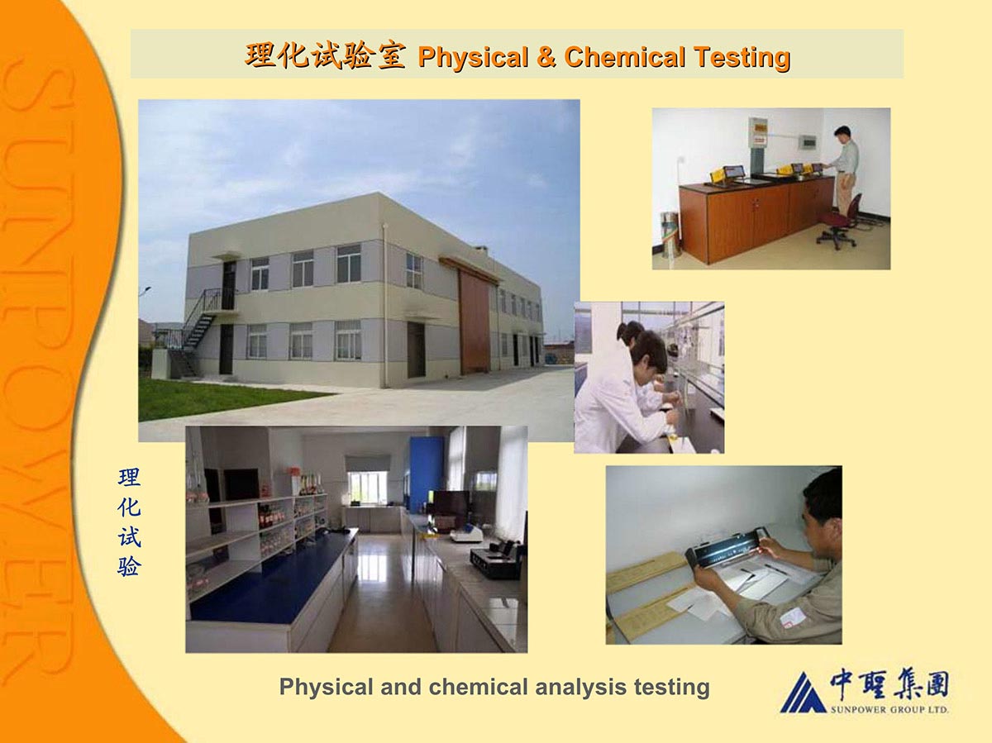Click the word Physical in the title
(x=473, y=57)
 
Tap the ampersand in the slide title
(x=546, y=57)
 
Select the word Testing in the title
(x=743, y=57)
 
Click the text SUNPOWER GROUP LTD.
(x=889, y=710)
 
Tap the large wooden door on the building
(x=475, y=321)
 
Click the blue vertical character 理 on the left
(x=129, y=478)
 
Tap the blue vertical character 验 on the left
(x=129, y=566)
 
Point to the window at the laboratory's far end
(x=369, y=487)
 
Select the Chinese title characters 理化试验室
(x=324, y=56)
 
